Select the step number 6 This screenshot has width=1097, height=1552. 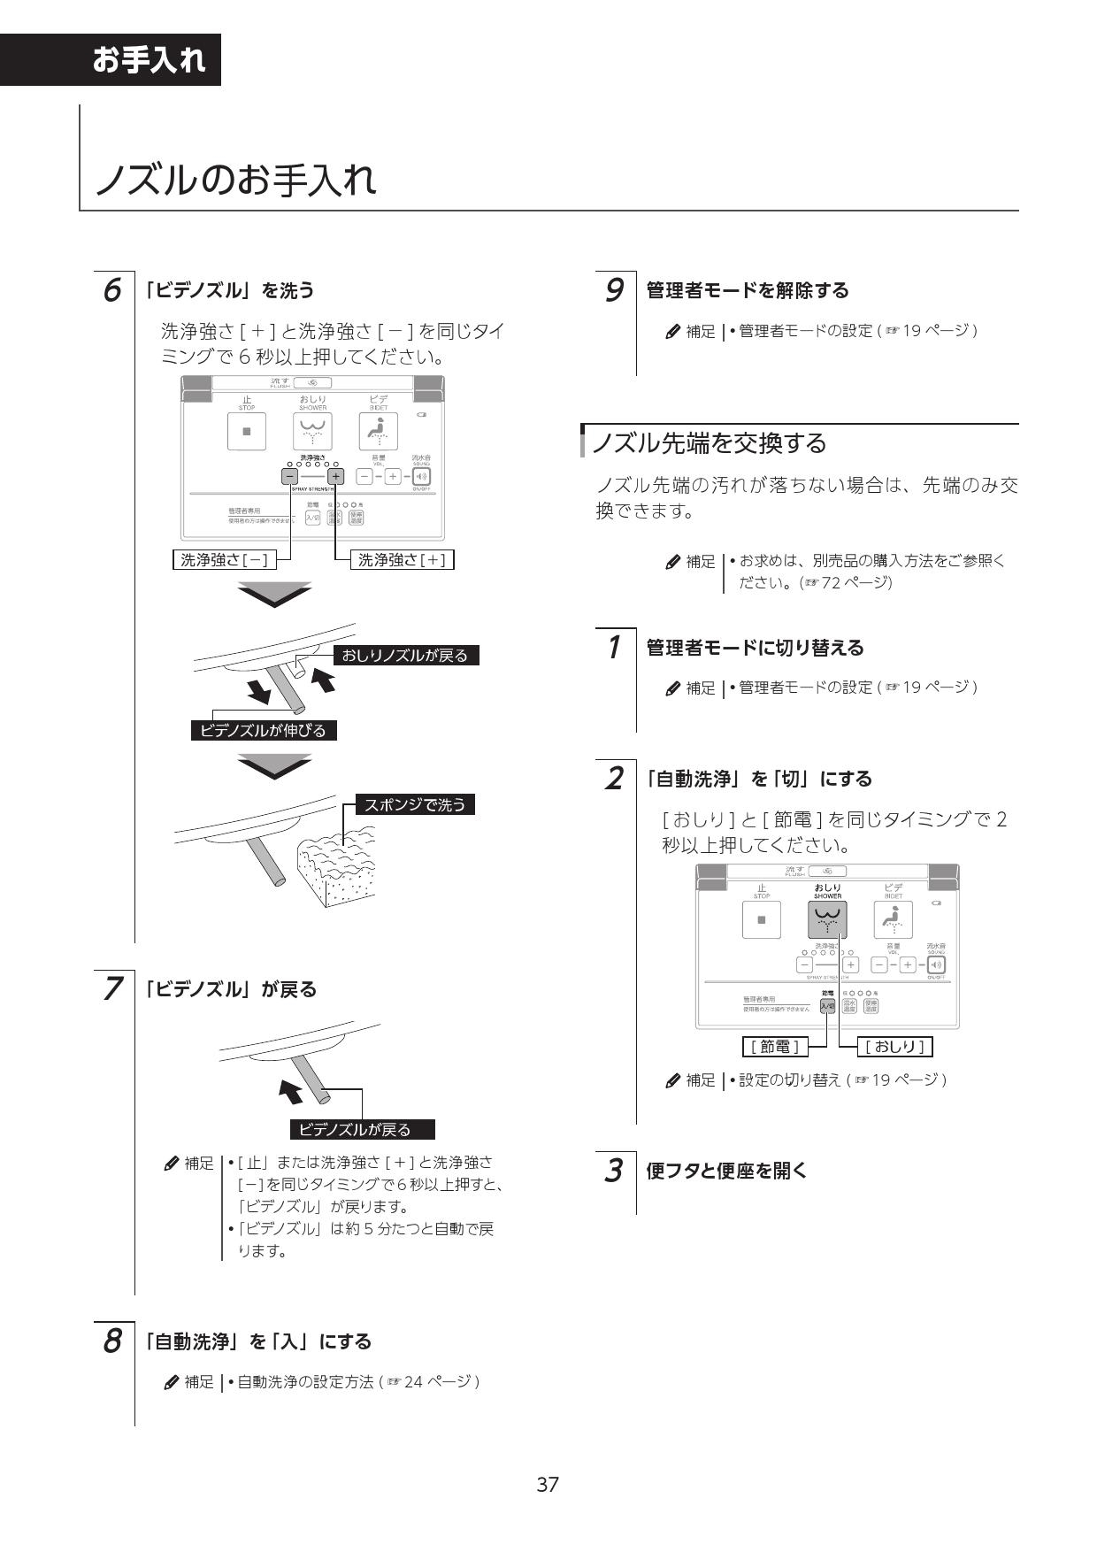112,290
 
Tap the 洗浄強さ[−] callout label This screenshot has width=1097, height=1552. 224,559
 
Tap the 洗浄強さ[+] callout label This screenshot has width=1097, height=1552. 402,559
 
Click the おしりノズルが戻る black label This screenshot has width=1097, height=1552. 405,655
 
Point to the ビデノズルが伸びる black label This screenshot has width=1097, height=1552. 264,730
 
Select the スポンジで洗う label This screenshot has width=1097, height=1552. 415,804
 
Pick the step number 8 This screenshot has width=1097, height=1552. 112,1341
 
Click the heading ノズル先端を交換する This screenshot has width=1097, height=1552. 709,442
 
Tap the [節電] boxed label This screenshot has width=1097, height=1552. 774,1047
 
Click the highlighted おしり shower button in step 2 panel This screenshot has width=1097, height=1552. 827,920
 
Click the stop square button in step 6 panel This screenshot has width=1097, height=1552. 247,432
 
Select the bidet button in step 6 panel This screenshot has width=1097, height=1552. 378,432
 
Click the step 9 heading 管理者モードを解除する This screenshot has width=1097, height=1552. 748,290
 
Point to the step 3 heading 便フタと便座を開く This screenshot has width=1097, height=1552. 727,1171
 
